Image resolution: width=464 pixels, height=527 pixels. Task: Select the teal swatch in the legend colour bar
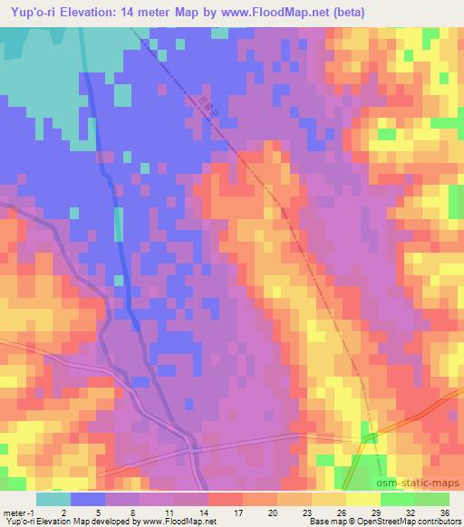point(53,499)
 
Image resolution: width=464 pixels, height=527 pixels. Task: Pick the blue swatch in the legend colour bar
point(87,499)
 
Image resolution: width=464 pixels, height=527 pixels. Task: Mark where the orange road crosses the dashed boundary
point(369,436)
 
